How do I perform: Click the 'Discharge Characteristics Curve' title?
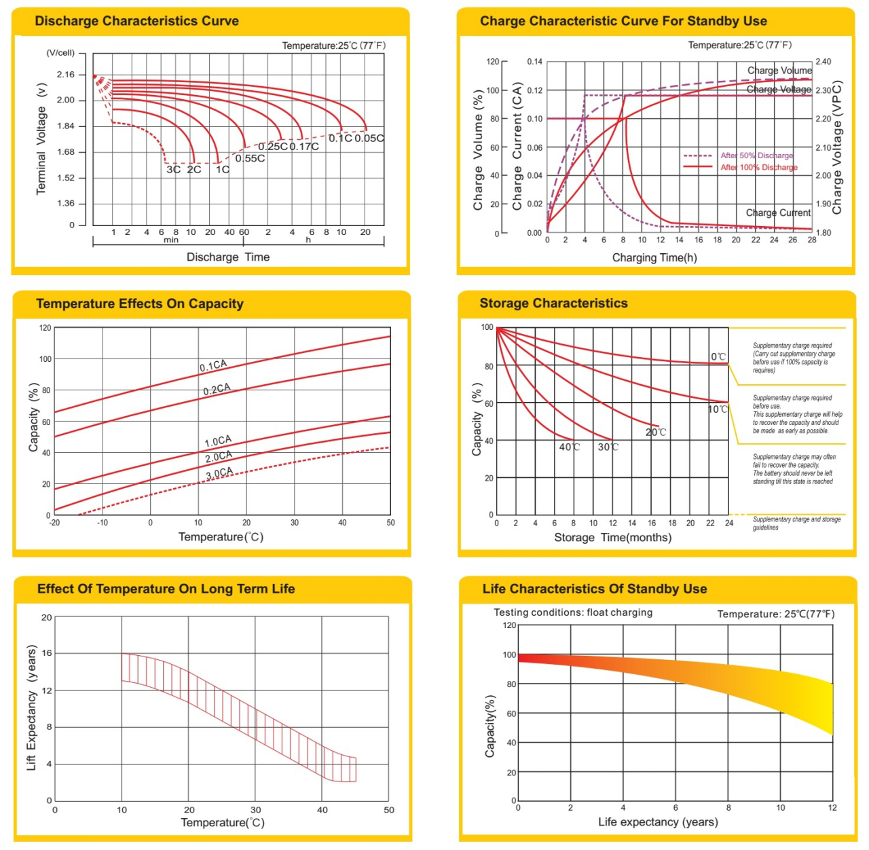point(136,21)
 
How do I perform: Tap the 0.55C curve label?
point(250,158)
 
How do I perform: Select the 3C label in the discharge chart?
point(173,169)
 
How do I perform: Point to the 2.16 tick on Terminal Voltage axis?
point(66,75)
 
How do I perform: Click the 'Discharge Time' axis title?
point(228,257)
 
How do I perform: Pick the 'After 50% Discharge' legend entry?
point(756,155)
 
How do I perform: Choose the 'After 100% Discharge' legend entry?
point(758,167)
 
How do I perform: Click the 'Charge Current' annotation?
point(778,212)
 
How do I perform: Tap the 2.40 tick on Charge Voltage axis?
point(823,62)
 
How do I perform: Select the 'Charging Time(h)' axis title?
point(654,258)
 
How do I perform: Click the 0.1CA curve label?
point(213,366)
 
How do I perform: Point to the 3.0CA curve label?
point(219,473)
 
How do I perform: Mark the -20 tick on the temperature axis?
point(54,523)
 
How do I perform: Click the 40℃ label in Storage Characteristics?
point(570,447)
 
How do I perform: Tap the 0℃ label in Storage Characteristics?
point(718,356)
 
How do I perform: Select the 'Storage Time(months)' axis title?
point(612,538)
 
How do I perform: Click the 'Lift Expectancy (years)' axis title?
point(31,708)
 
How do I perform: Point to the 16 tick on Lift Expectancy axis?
point(47,653)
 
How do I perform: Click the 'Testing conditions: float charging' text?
point(573,612)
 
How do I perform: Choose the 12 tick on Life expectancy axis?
point(832,808)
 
